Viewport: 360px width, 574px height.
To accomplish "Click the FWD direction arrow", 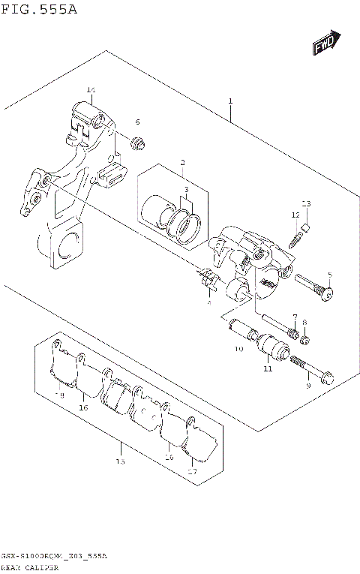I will pyautogui.click(x=327, y=44).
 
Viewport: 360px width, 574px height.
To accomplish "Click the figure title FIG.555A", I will pyautogui.click(x=38, y=9).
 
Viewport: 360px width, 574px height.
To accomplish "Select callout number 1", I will pyautogui.click(x=230, y=101).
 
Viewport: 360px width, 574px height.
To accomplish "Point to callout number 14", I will pyautogui.click(x=91, y=91).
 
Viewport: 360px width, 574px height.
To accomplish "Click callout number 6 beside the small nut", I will pyautogui.click(x=137, y=122).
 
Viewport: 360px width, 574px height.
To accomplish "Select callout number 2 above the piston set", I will pyautogui.click(x=181, y=162).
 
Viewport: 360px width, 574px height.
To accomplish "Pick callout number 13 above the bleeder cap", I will pyautogui.click(x=306, y=204).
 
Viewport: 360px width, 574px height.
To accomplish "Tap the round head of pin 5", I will pyautogui.click(x=328, y=296).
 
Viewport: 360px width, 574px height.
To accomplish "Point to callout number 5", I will pyautogui.click(x=328, y=275).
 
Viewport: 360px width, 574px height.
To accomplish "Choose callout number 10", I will pyautogui.click(x=238, y=350).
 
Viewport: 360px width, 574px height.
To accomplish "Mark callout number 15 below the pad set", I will pyautogui.click(x=120, y=463).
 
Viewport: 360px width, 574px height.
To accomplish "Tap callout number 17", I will pyautogui.click(x=192, y=471).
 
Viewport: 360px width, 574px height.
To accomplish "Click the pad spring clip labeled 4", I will pyautogui.click(x=208, y=281).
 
